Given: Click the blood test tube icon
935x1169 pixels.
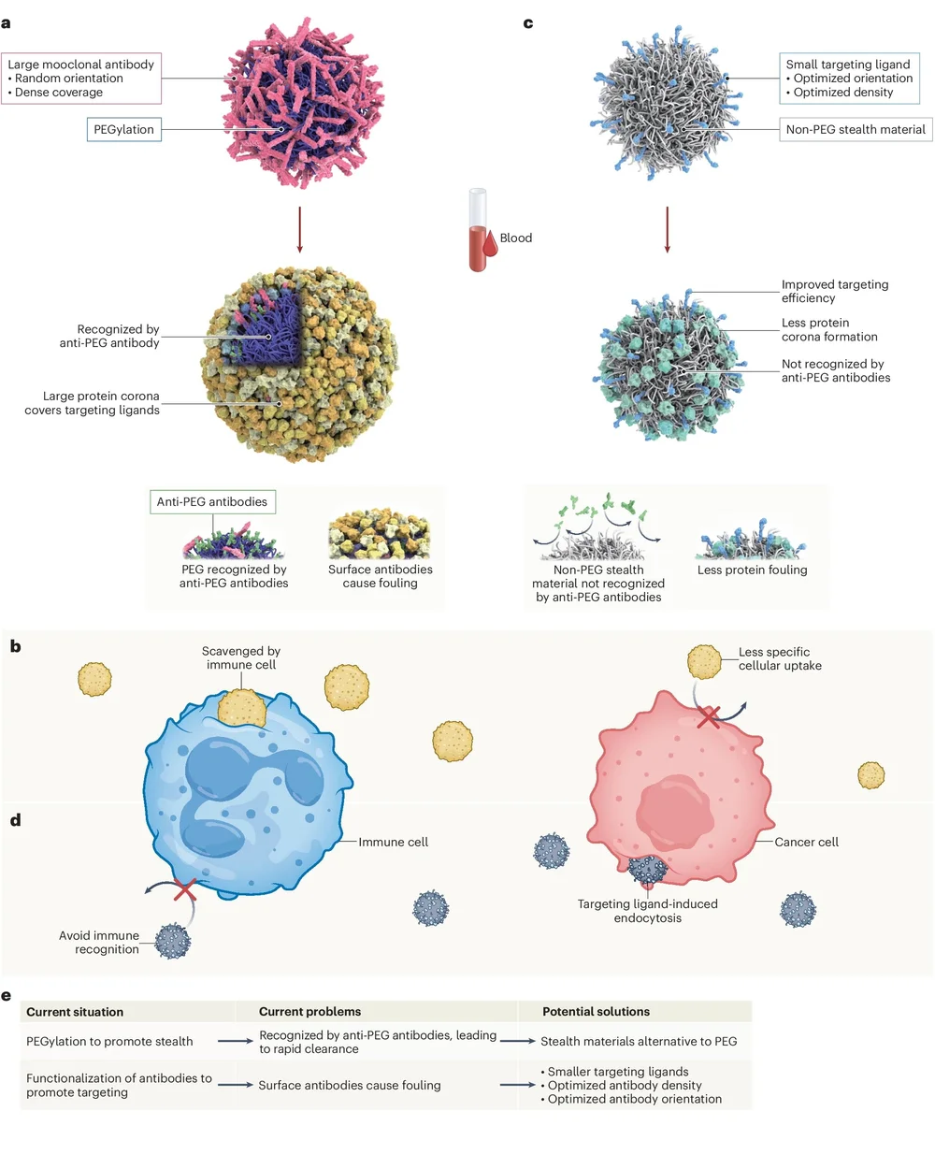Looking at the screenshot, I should (478, 230).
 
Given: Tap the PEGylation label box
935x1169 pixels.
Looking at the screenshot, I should (124, 130).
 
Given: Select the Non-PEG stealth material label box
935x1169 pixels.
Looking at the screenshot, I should (856, 130).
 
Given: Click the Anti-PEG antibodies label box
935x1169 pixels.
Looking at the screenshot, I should (212, 502).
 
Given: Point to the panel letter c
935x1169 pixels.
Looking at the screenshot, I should (528, 22).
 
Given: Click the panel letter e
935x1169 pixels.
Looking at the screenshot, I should (7, 995).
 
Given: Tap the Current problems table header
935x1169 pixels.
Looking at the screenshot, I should (309, 1012).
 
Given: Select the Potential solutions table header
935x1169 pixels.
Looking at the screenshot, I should (596, 1012).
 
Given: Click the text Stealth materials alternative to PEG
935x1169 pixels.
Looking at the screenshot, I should (639, 1042).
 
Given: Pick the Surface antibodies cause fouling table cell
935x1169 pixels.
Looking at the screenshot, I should (350, 1086).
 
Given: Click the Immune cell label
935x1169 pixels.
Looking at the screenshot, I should (393, 843).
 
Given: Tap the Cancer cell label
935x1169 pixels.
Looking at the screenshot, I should (806, 843).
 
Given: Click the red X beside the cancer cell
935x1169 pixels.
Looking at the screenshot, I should (709, 717).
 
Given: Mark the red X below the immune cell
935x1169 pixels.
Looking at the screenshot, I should (185, 889).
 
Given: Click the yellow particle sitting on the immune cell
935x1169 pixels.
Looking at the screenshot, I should (242, 708).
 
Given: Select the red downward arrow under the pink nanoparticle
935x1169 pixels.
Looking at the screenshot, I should (299, 229).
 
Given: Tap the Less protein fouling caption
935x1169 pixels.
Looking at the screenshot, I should (752, 570).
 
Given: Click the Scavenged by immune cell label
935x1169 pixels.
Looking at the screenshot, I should (241, 658).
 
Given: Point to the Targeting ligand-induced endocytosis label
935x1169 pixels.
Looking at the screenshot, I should (648, 911).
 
